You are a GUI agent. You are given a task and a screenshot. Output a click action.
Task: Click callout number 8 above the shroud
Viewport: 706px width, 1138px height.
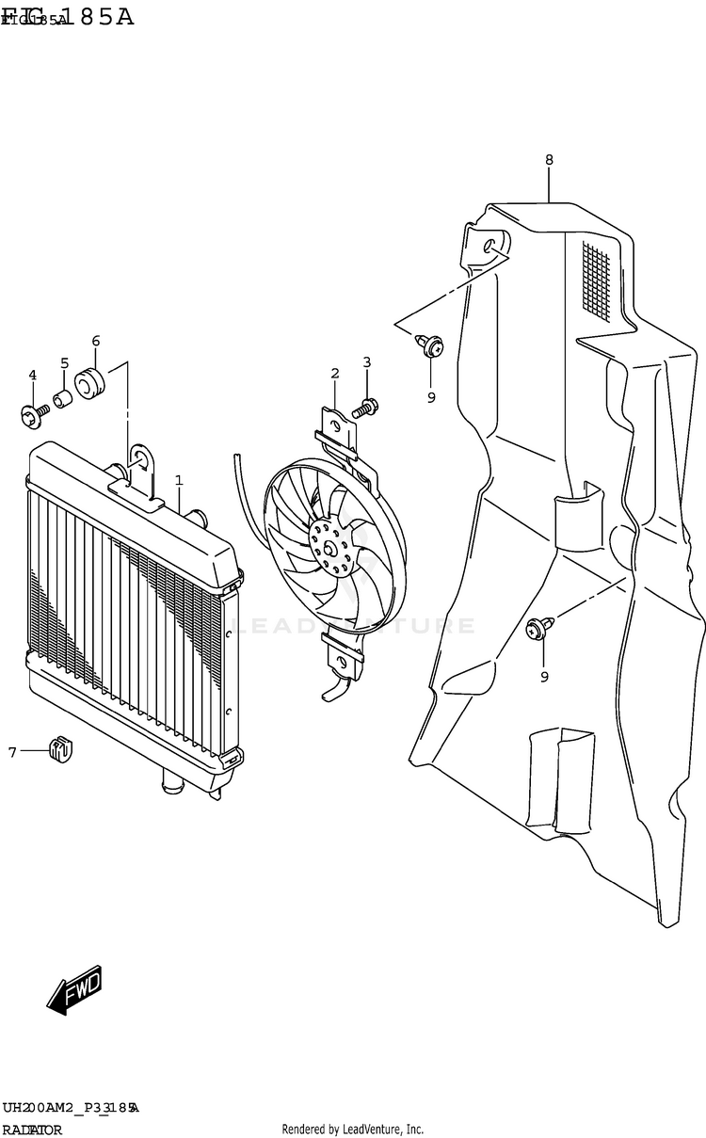(x=549, y=160)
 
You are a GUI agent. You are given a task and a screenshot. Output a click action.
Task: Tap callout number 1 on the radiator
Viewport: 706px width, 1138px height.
(x=179, y=481)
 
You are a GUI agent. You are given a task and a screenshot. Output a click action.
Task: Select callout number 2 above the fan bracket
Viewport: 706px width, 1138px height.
(x=334, y=374)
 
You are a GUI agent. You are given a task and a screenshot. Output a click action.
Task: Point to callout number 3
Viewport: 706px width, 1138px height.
(x=367, y=361)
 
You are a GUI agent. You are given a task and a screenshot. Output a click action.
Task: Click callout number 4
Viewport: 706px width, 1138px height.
(x=32, y=376)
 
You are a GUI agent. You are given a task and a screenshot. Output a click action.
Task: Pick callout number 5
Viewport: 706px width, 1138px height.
(x=64, y=363)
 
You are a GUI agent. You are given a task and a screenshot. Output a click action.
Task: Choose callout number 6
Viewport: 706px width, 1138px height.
(x=95, y=341)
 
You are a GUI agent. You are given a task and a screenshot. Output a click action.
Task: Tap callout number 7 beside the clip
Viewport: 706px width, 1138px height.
(x=12, y=751)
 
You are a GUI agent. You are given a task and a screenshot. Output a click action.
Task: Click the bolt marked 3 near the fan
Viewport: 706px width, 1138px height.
(x=365, y=408)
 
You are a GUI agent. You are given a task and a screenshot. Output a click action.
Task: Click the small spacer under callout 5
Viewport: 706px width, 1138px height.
(x=63, y=399)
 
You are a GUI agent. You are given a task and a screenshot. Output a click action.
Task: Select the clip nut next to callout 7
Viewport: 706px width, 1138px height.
(x=61, y=750)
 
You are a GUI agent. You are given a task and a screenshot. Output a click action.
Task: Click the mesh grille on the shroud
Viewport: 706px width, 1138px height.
(x=602, y=281)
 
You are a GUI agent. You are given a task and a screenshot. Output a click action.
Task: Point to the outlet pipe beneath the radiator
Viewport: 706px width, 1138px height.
(x=172, y=781)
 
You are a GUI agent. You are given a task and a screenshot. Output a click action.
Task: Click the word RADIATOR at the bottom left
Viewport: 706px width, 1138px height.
(x=32, y=1130)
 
